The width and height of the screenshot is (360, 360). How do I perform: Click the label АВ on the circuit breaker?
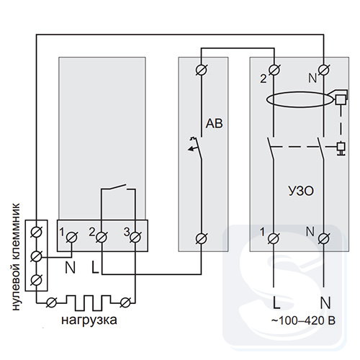(214, 124)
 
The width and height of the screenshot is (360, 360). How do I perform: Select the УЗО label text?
(301, 192)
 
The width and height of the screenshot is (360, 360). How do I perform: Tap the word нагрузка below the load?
(89, 320)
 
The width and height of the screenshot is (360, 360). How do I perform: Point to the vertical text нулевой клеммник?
(16, 257)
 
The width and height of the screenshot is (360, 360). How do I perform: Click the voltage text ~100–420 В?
(303, 320)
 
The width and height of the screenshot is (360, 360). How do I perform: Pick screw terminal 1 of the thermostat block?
(71, 238)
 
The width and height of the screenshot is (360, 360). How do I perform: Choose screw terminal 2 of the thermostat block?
(102, 238)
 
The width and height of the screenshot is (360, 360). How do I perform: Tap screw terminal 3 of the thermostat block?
(135, 238)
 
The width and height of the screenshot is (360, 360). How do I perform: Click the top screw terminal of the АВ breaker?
(202, 70)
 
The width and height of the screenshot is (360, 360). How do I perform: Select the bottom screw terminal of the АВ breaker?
(202, 238)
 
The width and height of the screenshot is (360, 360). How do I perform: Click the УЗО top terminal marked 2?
(274, 70)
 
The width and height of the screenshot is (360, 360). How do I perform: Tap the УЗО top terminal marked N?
(324, 70)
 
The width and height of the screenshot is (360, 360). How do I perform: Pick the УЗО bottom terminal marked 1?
(274, 238)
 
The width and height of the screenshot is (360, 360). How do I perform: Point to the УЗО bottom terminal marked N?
(324, 238)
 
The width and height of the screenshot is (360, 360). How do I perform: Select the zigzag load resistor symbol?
(89, 303)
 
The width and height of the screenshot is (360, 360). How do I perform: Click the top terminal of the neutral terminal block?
(37, 232)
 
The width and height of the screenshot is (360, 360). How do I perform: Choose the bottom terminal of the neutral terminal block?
(37, 280)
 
